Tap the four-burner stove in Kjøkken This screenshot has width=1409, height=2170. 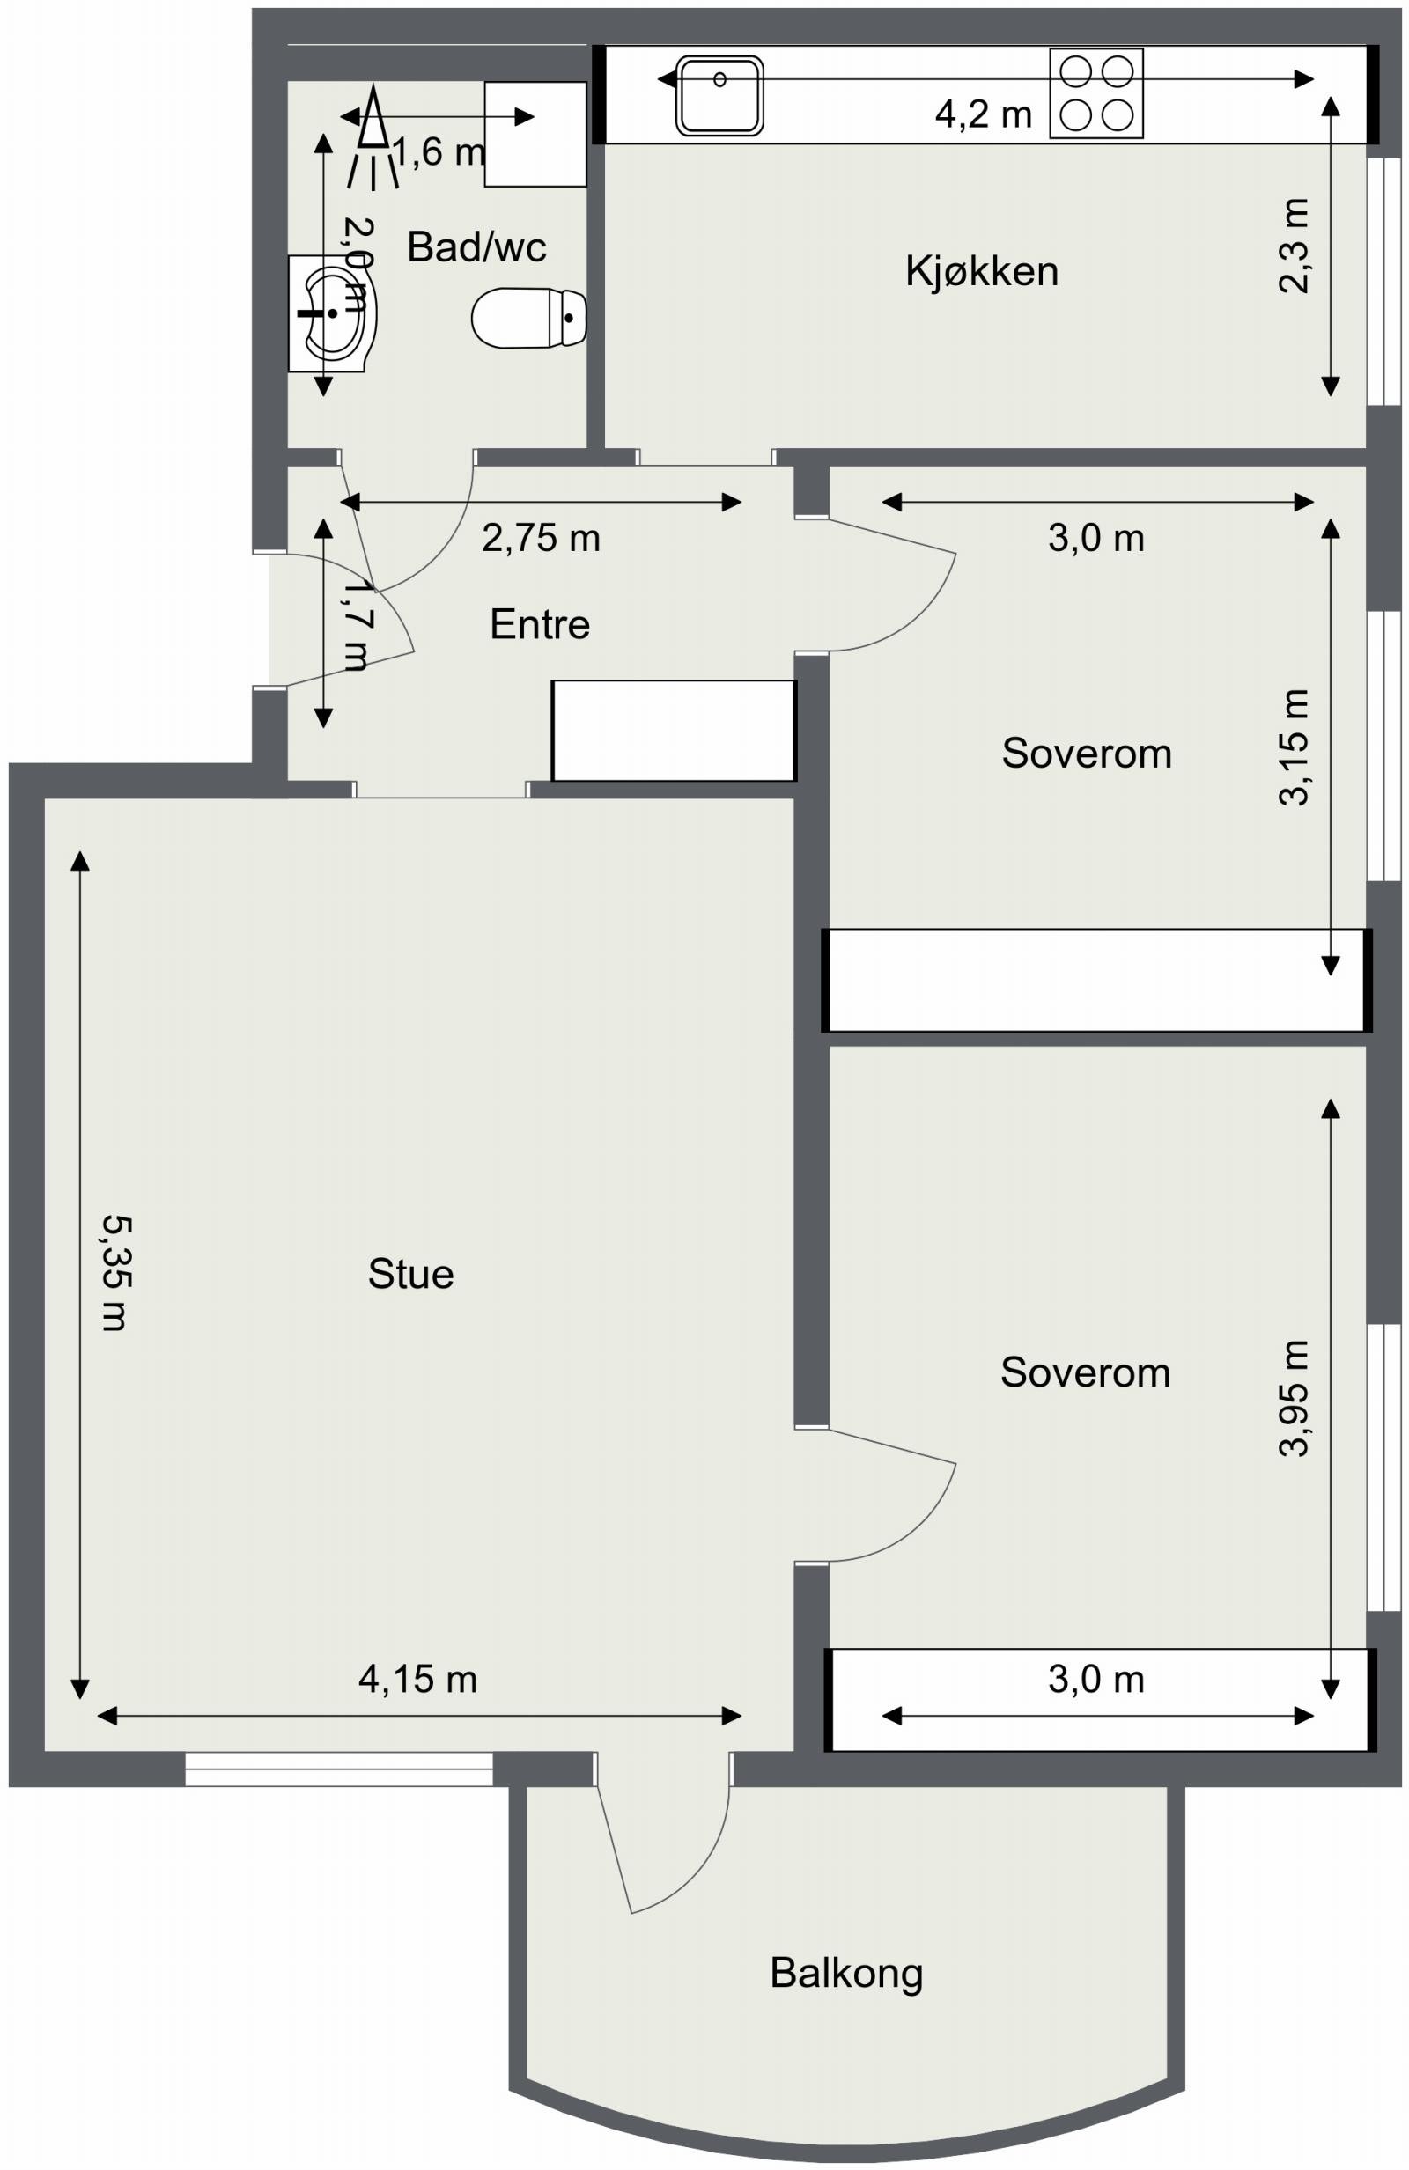[1095, 93]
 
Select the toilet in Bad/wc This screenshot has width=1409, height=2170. [529, 318]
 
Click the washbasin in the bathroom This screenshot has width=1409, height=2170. [331, 313]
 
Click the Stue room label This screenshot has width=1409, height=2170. [410, 1274]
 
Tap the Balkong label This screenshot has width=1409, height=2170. [845, 1972]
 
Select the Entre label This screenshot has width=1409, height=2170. [539, 624]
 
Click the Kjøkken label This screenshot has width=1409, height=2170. [981, 272]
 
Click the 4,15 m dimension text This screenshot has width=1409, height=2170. [417, 1678]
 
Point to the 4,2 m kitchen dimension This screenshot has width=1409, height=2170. [982, 114]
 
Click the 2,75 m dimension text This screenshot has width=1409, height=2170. [541, 538]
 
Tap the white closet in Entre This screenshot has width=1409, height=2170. [674, 731]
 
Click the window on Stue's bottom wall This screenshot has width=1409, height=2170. [338, 1769]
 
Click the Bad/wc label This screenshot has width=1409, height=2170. [476, 247]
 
